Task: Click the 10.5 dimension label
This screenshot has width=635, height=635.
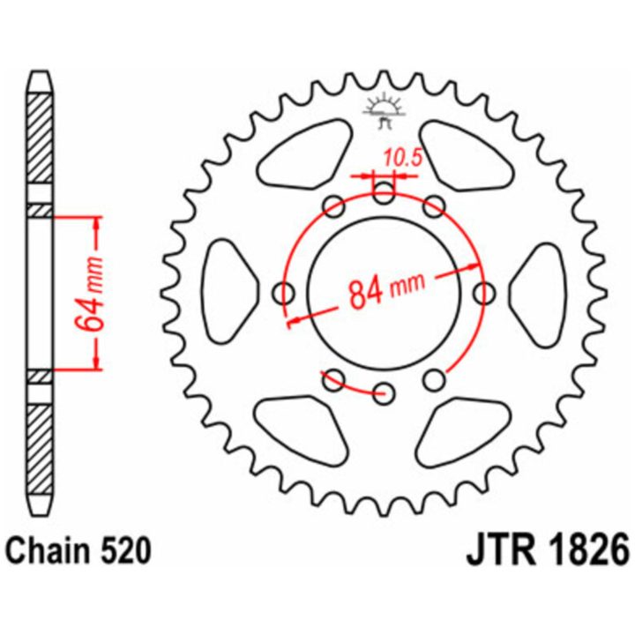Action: (x=402, y=158)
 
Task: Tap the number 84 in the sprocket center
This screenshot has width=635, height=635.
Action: (x=366, y=293)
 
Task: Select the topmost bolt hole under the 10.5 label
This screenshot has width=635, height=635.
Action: (x=383, y=193)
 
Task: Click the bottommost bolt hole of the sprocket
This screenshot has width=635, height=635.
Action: (x=384, y=392)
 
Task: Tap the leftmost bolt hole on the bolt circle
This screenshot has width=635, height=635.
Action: (x=283, y=293)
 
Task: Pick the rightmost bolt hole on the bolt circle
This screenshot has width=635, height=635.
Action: (x=483, y=293)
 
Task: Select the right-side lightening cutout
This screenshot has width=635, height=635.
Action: (x=537, y=295)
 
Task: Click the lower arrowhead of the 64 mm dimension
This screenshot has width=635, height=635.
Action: (x=96, y=362)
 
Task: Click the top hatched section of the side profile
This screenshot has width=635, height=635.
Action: (x=40, y=138)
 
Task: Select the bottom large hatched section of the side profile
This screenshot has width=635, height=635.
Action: (x=40, y=450)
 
